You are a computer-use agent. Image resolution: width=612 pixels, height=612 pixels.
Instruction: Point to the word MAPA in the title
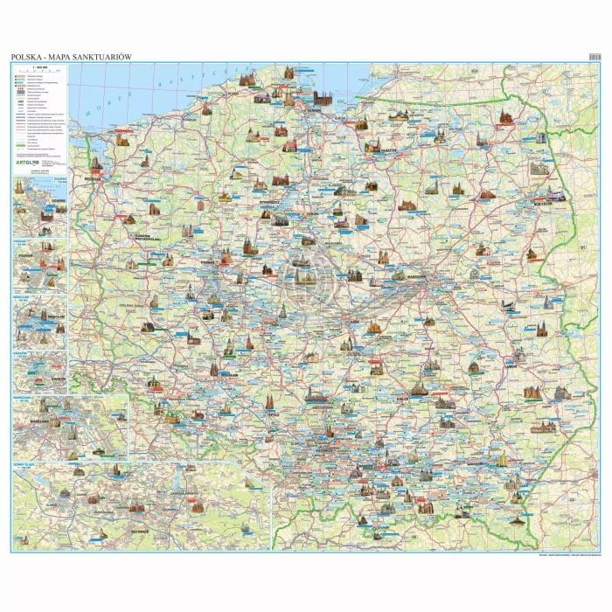coord(60,58)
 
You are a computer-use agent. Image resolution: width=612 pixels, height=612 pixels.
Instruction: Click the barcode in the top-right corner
coord(595,57)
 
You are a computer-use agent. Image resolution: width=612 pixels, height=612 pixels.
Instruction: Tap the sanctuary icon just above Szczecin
coord(96,163)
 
